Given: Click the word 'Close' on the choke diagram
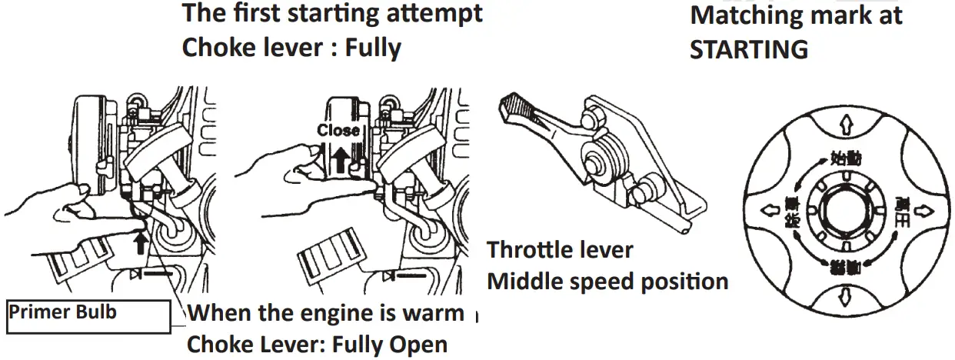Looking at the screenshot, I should point(338,130).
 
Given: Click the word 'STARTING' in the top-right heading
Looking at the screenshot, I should point(749,48).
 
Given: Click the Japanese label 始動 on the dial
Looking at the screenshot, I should point(847,159).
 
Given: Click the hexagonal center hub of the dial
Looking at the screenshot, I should point(844,209).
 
